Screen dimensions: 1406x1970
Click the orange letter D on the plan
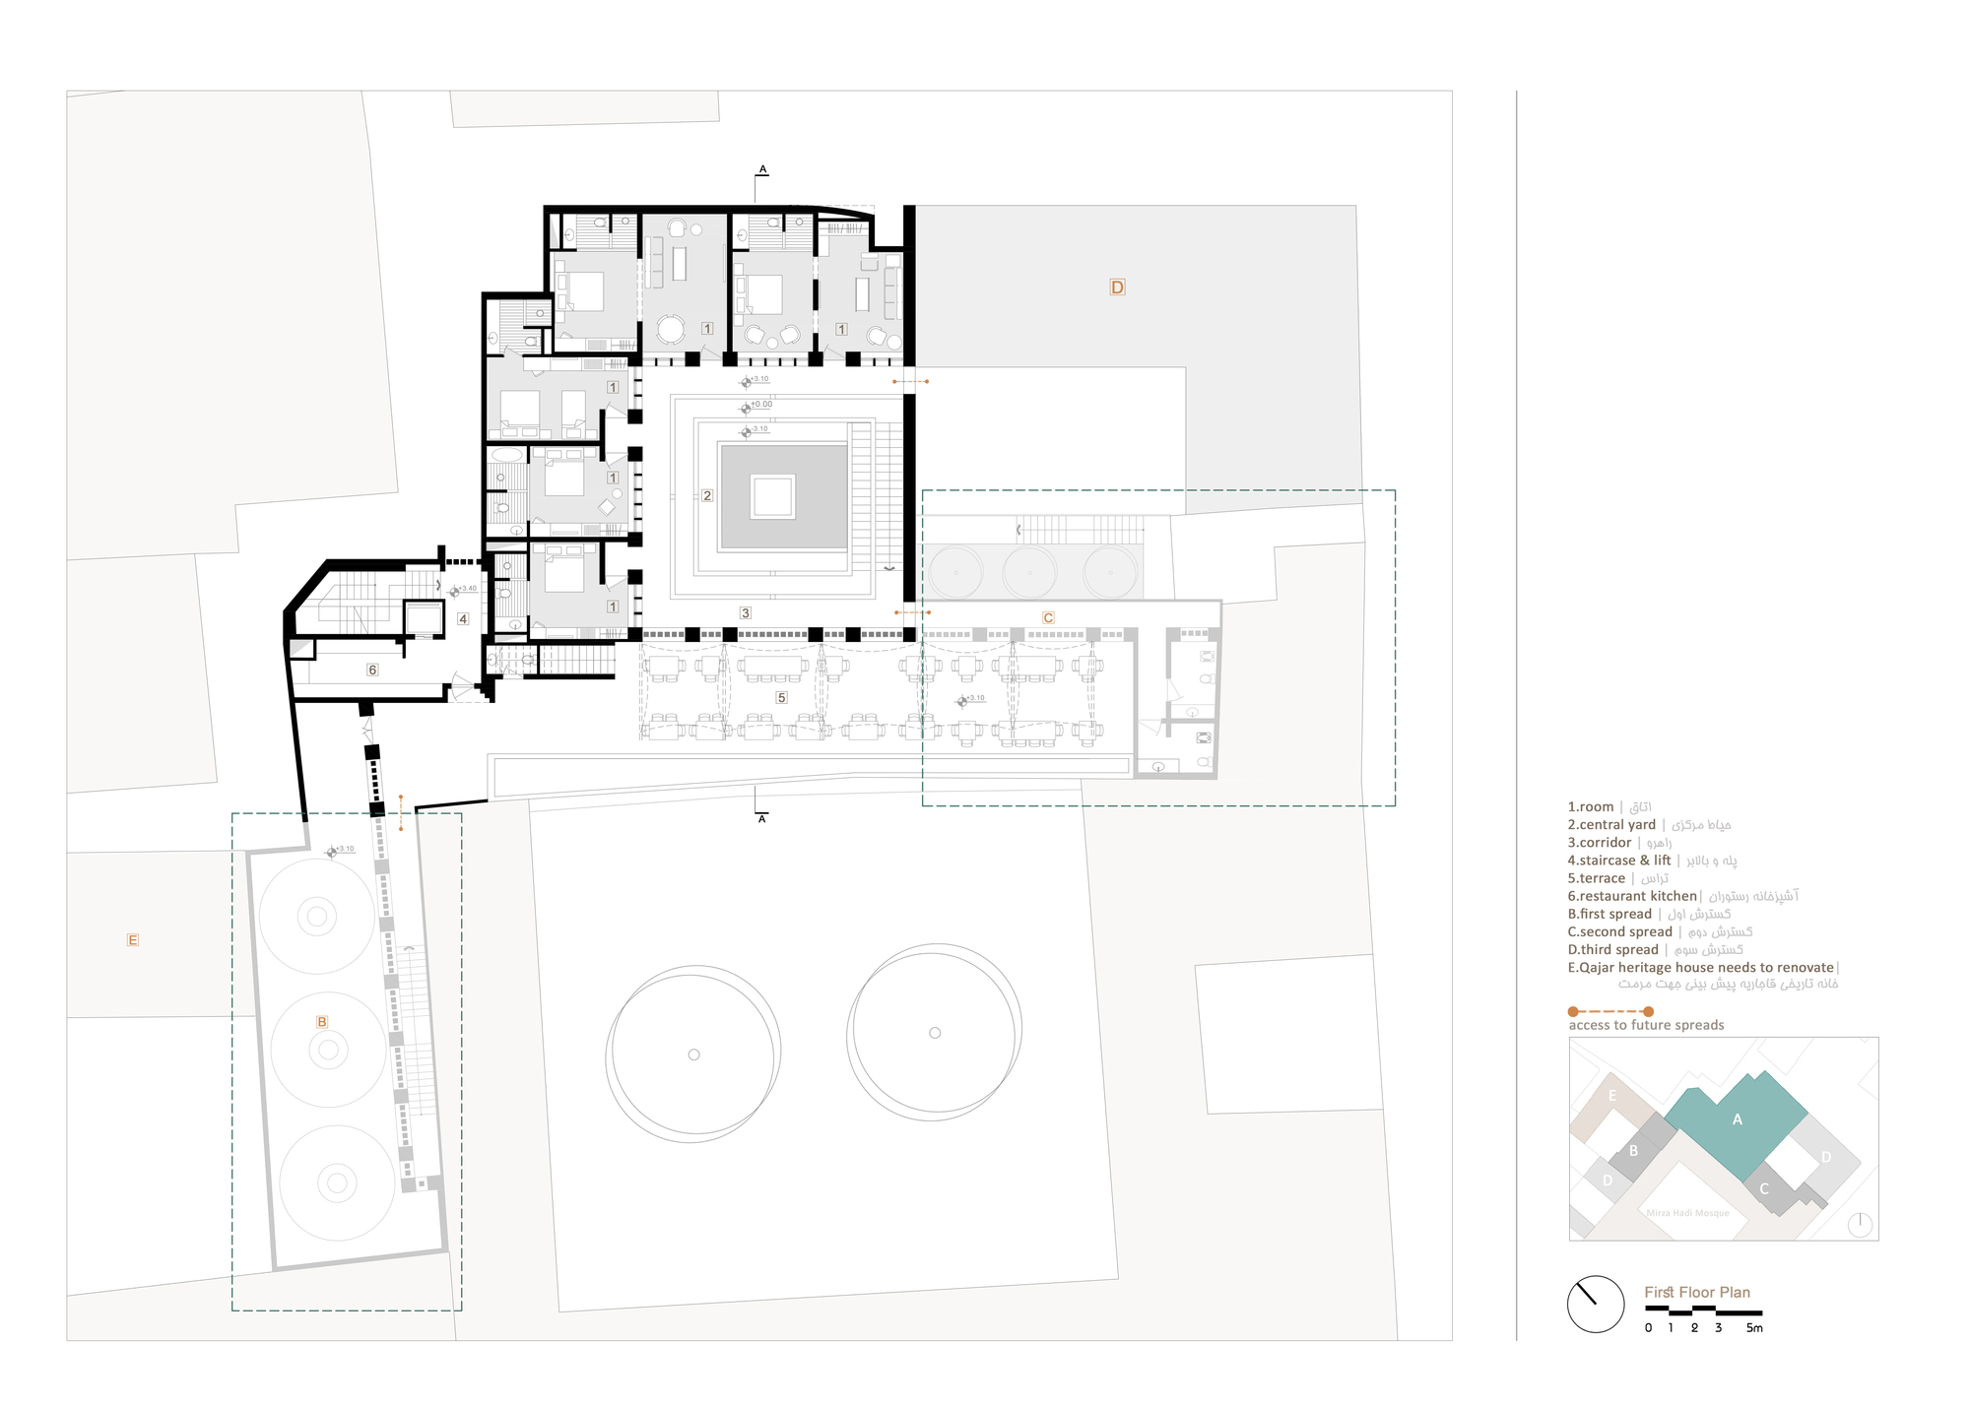pyautogui.click(x=1117, y=288)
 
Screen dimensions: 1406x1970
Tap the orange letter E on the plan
pyautogui.click(x=133, y=940)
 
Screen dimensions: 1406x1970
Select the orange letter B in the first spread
pyautogui.click(x=321, y=1022)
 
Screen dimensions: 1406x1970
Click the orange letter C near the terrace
pyautogui.click(x=1048, y=618)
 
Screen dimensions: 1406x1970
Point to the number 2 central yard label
pyautogui.click(x=707, y=496)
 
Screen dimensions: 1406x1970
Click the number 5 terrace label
pyautogui.click(x=781, y=698)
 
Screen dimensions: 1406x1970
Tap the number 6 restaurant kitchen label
pyautogui.click(x=372, y=670)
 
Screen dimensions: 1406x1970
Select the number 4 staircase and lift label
pyautogui.click(x=463, y=619)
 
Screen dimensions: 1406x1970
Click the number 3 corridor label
pyautogui.click(x=746, y=613)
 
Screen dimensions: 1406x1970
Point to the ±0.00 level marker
pyautogui.click(x=759, y=405)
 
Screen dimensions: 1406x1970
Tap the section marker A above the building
pyautogui.click(x=762, y=169)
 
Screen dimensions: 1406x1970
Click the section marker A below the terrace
pyautogui.click(x=761, y=819)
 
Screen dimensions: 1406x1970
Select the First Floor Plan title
pyautogui.click(x=1696, y=1293)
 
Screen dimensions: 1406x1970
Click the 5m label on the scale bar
pyautogui.click(x=1754, y=1328)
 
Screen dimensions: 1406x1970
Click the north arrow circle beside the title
pyautogui.click(x=1595, y=1304)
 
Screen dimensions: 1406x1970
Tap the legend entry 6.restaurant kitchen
pyautogui.click(x=1632, y=896)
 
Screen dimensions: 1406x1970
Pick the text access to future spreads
pyautogui.click(x=1646, y=1025)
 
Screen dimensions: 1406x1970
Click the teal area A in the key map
pyautogui.click(x=1737, y=1120)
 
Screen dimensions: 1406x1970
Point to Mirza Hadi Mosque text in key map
pyautogui.click(x=1687, y=1213)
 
